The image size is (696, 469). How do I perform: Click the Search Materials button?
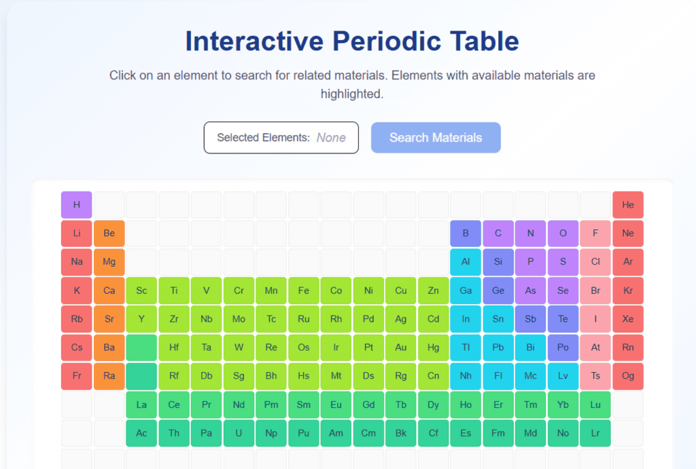click(x=436, y=138)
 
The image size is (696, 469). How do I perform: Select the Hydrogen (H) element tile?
click(x=77, y=205)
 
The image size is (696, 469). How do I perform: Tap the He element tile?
click(x=627, y=205)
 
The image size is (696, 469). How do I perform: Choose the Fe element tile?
click(x=303, y=290)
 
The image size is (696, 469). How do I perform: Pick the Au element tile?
click(x=400, y=348)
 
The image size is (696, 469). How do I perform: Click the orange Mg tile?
click(x=109, y=262)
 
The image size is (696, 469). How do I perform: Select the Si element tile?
click(x=498, y=262)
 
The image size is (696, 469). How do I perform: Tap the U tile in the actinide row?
click(x=239, y=433)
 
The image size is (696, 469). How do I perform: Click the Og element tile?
click(x=627, y=376)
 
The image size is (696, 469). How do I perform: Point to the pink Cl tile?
click(x=595, y=262)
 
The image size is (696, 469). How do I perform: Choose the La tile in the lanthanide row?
click(x=141, y=405)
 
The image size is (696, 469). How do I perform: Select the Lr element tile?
click(x=595, y=433)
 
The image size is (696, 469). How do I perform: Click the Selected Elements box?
click(x=281, y=138)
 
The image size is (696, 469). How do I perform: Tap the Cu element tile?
click(x=400, y=290)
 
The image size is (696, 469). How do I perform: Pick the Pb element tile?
click(x=498, y=348)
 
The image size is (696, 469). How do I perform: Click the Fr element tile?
click(x=77, y=376)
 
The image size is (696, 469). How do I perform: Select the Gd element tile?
click(x=368, y=405)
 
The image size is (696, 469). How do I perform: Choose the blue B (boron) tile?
click(x=466, y=233)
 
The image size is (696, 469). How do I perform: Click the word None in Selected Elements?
click(x=331, y=138)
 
